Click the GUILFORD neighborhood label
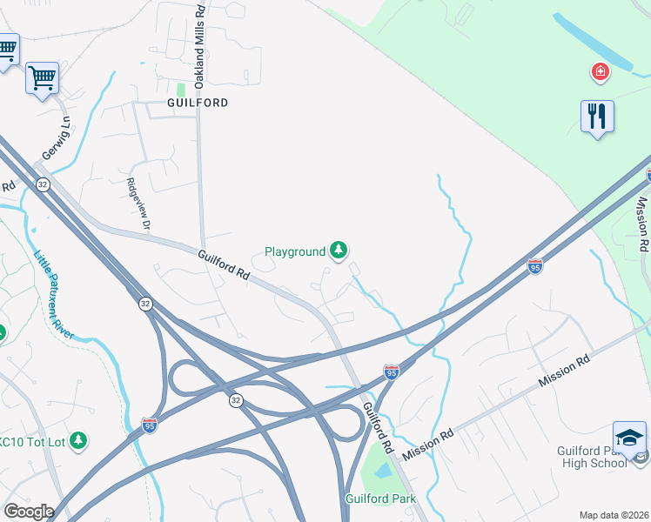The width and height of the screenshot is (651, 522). coord(198,103)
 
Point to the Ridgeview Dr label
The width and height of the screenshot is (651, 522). coord(139,204)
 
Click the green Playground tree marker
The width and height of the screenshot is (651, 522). coord(339,251)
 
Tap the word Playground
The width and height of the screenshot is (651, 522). coord(294,252)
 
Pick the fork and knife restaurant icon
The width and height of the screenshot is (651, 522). coord(597,117)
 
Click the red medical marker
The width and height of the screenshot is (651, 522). coord(600,71)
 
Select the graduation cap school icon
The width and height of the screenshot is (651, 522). coord(629,438)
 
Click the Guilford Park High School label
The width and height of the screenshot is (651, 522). coord(592,457)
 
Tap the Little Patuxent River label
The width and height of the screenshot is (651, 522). coord(55,294)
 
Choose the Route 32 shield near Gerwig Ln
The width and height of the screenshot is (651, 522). coord(42,184)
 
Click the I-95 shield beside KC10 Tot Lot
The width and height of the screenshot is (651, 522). coord(149,425)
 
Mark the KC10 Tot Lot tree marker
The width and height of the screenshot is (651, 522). coord(78,441)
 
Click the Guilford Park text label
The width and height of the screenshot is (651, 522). coord(380,499)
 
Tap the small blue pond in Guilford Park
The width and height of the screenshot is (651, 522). coord(383,471)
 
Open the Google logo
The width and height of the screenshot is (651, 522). coord(29,512)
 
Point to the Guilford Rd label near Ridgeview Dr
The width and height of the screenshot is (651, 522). coord(224,264)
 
